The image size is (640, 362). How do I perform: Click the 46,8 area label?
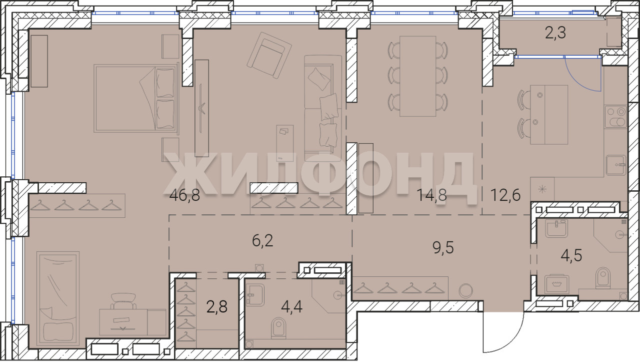[x=184, y=196]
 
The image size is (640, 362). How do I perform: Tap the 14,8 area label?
[x=431, y=195]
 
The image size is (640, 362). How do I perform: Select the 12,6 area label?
[x=505, y=195]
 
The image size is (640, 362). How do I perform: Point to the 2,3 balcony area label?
[x=555, y=34]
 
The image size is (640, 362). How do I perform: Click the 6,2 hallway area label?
[x=262, y=240]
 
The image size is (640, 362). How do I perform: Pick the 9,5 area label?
[x=443, y=248]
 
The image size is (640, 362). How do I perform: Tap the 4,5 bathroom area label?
[x=571, y=255]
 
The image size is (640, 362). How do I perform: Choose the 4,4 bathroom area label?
[x=291, y=306]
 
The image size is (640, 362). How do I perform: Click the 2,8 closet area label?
[x=217, y=306]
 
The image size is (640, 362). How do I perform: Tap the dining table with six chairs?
[x=417, y=77]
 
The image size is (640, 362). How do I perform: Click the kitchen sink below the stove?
[x=616, y=165]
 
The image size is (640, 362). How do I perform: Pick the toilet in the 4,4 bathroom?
[x=278, y=327]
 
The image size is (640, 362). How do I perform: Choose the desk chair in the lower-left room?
[x=123, y=301]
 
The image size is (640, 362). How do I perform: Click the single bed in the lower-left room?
[x=58, y=298]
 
